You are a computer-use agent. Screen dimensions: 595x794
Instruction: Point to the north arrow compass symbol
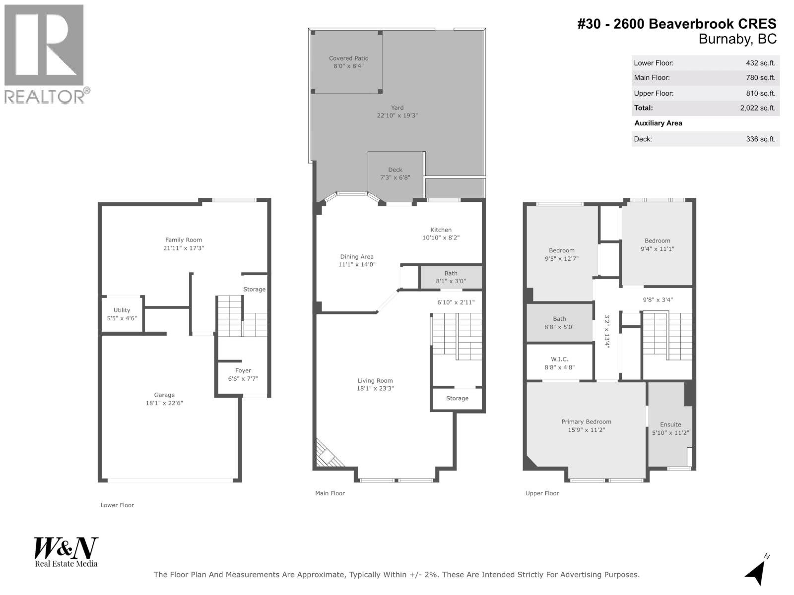[756, 571]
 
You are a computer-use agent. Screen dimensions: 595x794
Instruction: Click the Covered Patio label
[348, 59]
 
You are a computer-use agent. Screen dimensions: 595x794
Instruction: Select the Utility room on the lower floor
[122, 314]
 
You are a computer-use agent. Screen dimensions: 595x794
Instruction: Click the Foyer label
[243, 371]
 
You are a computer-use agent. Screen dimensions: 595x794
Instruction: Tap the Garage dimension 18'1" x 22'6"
[164, 403]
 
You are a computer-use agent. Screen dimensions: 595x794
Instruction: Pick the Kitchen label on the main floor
[441, 230]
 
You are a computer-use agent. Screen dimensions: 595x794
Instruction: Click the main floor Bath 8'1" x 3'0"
[451, 277]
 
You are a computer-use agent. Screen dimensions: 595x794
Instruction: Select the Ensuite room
[670, 428]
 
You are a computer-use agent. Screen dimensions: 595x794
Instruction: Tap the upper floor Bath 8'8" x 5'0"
[559, 323]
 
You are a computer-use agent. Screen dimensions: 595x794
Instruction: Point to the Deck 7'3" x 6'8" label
[395, 174]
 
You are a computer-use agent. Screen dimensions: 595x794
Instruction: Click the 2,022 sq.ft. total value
[757, 108]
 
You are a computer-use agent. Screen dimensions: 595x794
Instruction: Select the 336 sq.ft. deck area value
[760, 139]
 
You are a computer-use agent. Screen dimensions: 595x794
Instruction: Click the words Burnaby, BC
[737, 39]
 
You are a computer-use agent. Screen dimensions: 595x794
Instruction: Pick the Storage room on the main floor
[457, 399]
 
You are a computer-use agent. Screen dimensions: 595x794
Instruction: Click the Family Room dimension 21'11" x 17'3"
[184, 248]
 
